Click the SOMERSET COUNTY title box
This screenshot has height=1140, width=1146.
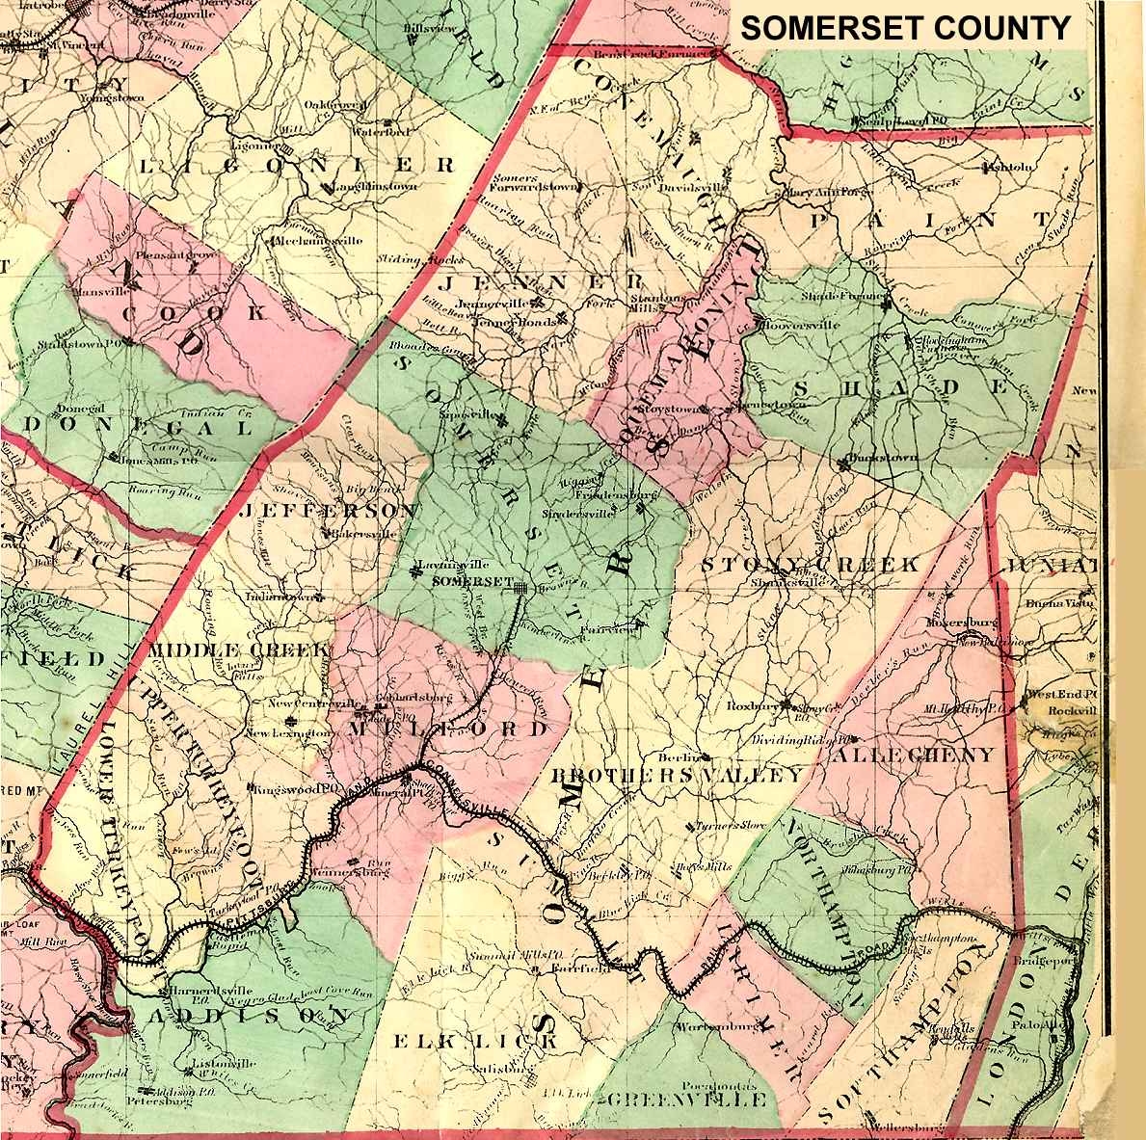[905, 28]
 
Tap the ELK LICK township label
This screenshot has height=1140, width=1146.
[476, 1042]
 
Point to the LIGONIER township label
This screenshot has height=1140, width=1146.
[297, 165]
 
